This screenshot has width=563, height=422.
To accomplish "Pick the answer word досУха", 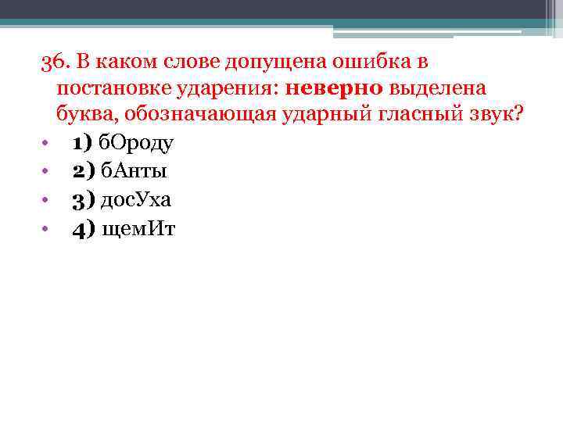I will pos(138,199).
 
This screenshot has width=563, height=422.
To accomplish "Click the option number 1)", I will pos(83,143).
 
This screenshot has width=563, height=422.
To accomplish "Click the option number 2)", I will pos(83,171).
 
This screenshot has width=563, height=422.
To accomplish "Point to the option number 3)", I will pos(83,199).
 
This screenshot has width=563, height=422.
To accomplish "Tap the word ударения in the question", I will pos(231,88).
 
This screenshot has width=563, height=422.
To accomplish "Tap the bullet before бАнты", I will pos(47,172).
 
